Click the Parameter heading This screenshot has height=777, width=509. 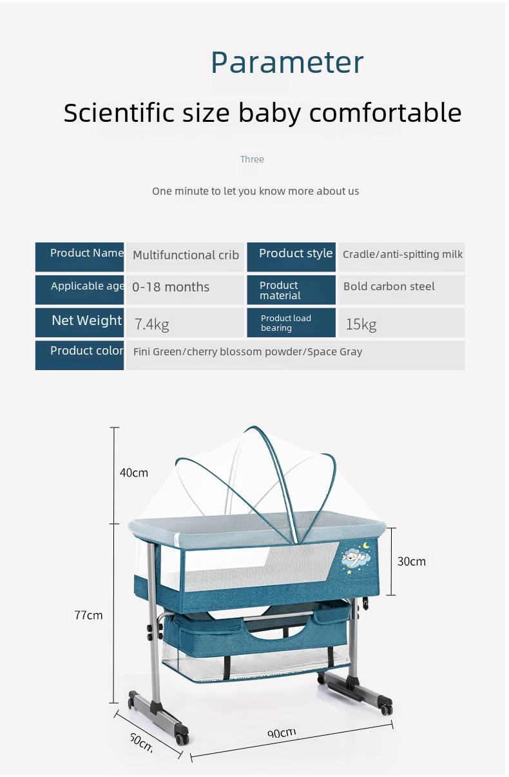[x=287, y=63]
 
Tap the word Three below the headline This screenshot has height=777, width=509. [x=252, y=159]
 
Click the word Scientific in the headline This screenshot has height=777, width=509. [x=119, y=112]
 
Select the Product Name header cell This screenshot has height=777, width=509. [x=79, y=257]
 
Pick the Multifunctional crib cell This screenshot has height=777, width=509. [x=186, y=257]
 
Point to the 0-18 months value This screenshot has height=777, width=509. [x=171, y=287]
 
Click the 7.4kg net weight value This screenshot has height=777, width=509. [x=152, y=325]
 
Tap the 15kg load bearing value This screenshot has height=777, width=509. [x=361, y=325]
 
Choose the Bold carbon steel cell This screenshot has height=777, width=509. [x=401, y=290]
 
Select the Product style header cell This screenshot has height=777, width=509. [x=291, y=257]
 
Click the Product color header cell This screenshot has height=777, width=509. [x=79, y=355]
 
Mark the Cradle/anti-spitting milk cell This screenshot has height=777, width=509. [x=401, y=257]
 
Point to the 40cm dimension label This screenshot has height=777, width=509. [x=134, y=473]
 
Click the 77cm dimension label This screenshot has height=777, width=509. [x=88, y=615]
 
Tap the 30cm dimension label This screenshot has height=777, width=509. [x=411, y=561]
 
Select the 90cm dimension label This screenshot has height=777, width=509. [x=282, y=733]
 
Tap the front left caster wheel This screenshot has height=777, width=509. [x=182, y=739]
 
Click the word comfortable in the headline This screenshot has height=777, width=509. [x=385, y=112]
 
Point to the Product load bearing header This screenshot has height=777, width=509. [x=286, y=323]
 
